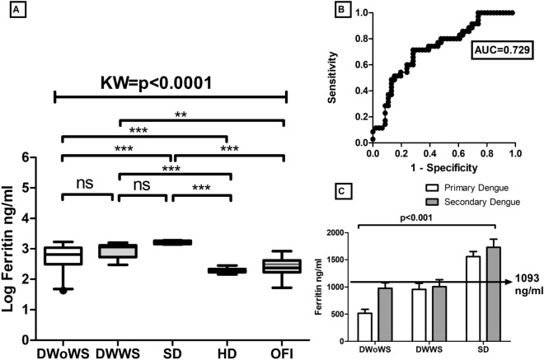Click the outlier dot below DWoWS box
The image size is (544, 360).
(63, 291)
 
